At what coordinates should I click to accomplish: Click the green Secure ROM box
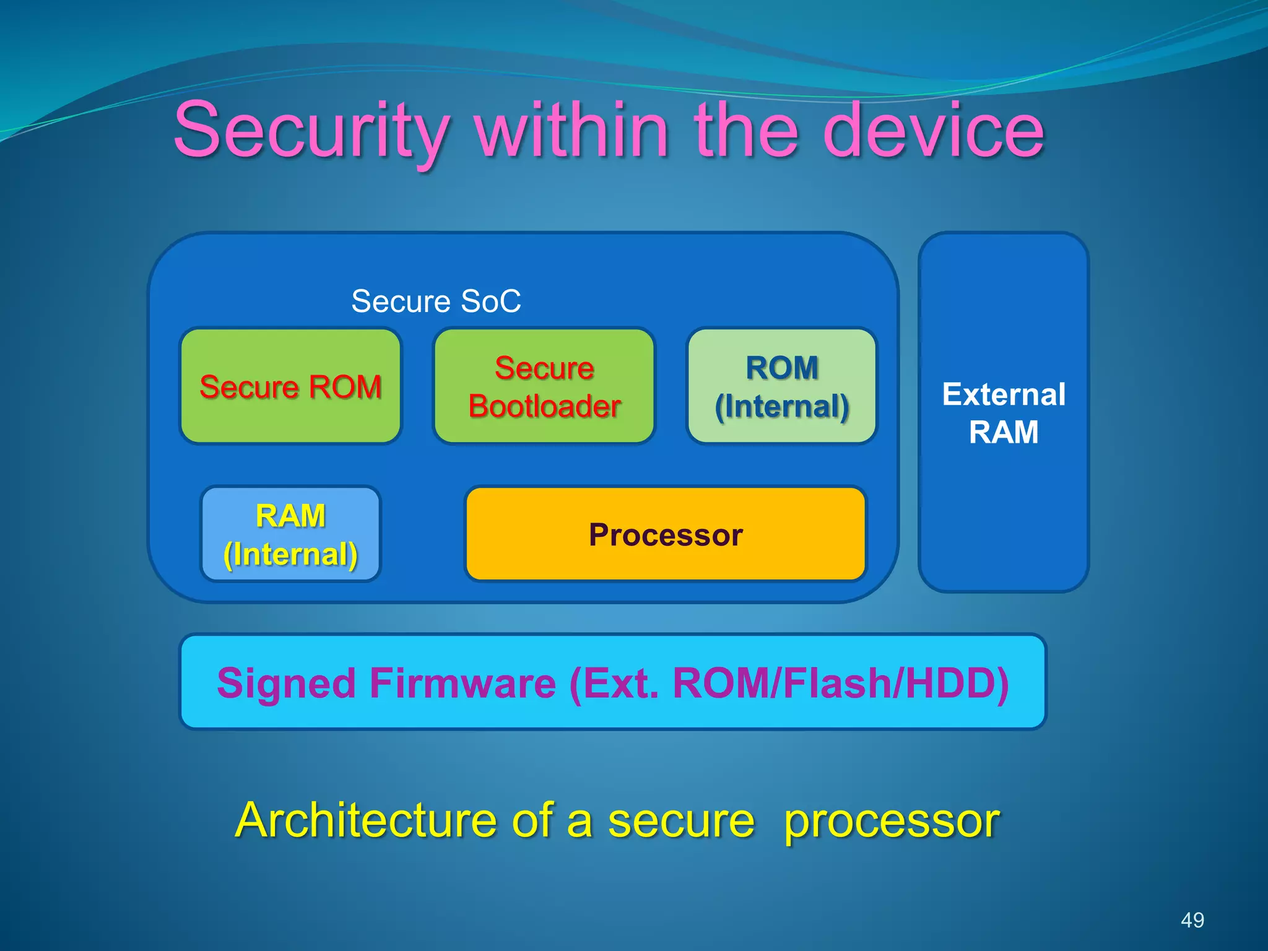290,386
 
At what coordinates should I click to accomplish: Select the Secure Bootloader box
544,386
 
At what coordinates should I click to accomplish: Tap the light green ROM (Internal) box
782,386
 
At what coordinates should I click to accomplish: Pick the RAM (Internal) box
290,534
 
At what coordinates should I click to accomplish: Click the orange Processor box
666,534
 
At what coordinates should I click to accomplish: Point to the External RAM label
1004,413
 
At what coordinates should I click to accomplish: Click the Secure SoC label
436,302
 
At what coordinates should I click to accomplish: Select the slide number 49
1192,920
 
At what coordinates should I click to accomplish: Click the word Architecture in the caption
366,820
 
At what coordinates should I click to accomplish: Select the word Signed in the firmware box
286,684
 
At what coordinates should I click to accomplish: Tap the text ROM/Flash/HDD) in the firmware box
841,684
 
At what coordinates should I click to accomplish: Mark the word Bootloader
544,406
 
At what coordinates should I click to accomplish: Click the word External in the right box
1004,394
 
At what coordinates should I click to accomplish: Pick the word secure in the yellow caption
681,820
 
